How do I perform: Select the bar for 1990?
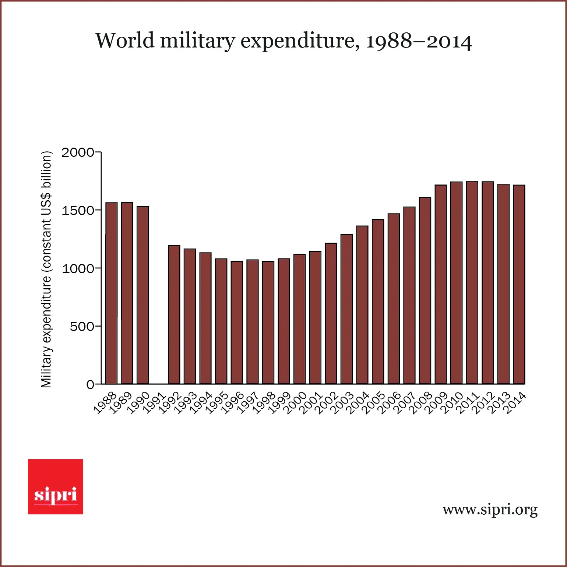click(x=142, y=295)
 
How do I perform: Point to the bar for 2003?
click(x=346, y=309)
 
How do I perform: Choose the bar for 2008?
click(x=425, y=290)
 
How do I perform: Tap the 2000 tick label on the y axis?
click(x=78, y=152)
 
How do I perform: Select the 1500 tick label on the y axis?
click(x=78, y=211)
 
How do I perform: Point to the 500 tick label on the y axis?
click(x=82, y=327)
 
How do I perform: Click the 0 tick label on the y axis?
click(x=90, y=385)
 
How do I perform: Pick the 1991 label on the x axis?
click(x=154, y=404)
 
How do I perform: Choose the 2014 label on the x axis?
click(x=515, y=404)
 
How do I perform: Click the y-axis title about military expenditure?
click(x=46, y=269)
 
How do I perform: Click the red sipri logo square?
click(x=56, y=486)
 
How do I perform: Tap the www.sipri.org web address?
click(x=490, y=510)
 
